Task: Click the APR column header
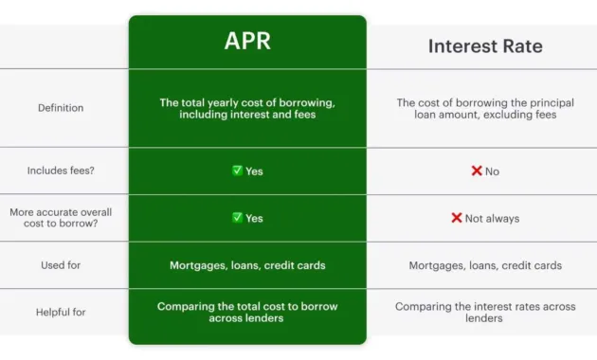247,42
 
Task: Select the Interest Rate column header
484,46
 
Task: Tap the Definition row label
61,108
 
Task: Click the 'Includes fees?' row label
61,171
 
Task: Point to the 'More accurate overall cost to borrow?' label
61,218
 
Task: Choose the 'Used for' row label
61,265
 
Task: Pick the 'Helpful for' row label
61,313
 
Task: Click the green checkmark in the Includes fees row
237,171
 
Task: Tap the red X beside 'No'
477,171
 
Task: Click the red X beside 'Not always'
456,218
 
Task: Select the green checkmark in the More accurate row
237,217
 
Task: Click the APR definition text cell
247,108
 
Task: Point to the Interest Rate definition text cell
485,108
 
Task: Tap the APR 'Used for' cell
247,265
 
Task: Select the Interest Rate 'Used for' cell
485,265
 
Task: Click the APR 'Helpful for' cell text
247,312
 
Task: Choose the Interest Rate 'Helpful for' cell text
485,313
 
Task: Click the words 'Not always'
492,218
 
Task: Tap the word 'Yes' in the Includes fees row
254,171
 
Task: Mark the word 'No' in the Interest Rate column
492,171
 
